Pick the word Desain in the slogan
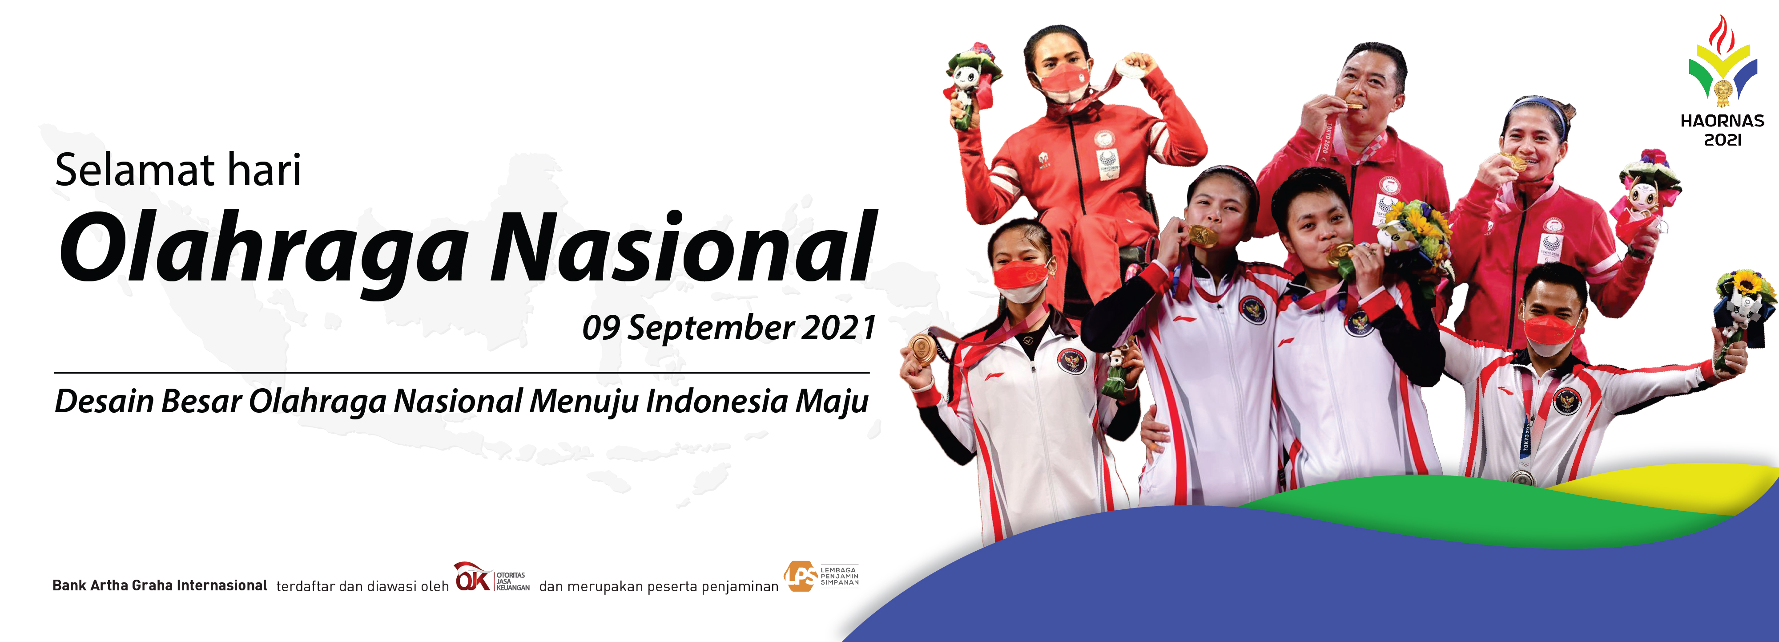(104, 401)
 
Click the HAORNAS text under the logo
(1723, 121)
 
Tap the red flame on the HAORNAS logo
(1722, 35)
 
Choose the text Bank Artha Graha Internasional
(160, 585)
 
